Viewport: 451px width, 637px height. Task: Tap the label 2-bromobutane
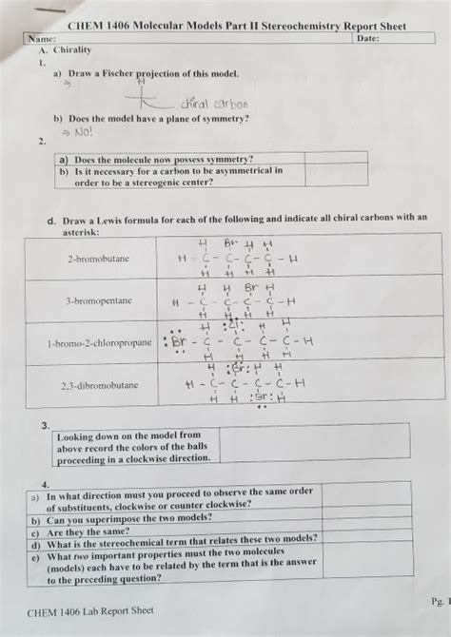point(99,258)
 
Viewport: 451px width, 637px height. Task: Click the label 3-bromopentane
point(99,299)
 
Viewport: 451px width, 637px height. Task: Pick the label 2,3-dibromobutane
point(99,386)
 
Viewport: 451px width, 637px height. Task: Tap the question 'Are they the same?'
point(88,532)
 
